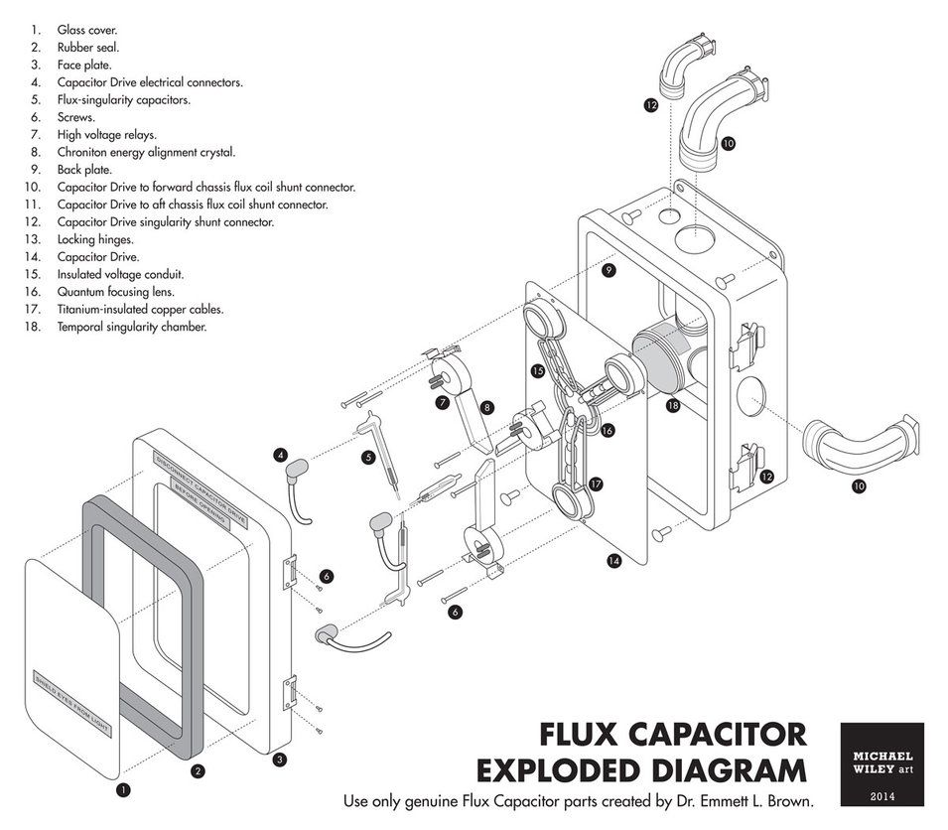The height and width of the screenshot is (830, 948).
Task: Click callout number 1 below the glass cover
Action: click(124, 790)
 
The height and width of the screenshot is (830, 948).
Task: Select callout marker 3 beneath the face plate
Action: click(280, 760)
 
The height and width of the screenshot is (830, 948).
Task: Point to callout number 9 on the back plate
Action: click(609, 269)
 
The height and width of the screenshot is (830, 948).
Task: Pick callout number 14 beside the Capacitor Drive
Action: click(613, 561)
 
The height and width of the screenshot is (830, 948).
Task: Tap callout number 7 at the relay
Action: click(441, 402)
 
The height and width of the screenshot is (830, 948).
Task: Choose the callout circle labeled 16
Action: click(607, 430)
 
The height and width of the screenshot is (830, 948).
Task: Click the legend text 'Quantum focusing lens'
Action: click(115, 292)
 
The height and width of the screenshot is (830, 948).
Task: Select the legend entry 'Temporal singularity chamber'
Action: click(131, 327)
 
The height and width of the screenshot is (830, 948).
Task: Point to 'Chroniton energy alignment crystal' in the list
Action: click(146, 153)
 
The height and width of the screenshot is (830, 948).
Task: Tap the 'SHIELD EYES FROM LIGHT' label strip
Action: click(73, 706)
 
